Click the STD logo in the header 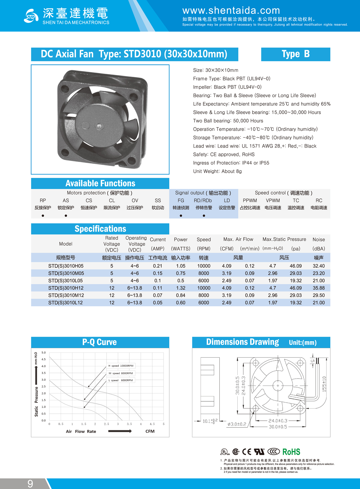click(x=31, y=16)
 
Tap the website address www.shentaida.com click(x=231, y=10)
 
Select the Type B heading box click(x=295, y=54)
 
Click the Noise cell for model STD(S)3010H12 click(x=319, y=288)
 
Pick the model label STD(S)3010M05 click(x=66, y=273)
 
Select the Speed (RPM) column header click(x=204, y=244)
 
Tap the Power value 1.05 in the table click(x=181, y=266)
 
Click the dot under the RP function click(x=43, y=216)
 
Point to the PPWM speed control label click(x=250, y=200)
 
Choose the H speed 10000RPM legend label click(x=121, y=366)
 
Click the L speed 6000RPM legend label click(x=121, y=380)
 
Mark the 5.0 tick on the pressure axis click(x=44, y=352)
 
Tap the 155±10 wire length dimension click(x=324, y=384)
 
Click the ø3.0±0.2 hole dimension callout click(x=237, y=424)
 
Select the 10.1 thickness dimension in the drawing click(x=209, y=421)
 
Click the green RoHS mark click(x=291, y=452)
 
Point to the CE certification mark click(x=247, y=452)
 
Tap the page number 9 click(x=30, y=483)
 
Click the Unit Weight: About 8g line click(x=217, y=171)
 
